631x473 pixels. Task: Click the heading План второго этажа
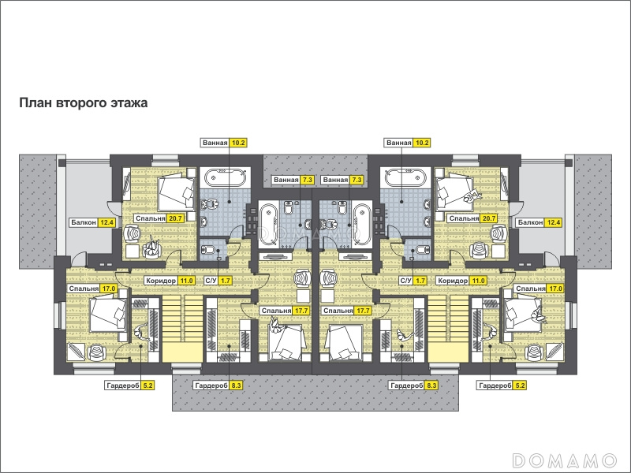point(84,103)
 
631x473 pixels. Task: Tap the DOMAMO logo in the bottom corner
point(565,460)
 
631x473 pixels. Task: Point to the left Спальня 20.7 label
point(159,218)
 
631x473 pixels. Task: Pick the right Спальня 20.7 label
point(472,218)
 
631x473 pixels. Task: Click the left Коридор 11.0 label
point(170,281)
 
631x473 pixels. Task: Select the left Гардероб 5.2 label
point(130,385)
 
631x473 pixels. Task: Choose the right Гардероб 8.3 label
point(413,385)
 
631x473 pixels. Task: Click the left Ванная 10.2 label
point(224,143)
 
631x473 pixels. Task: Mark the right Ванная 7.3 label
point(343,180)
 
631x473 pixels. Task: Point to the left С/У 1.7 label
point(218,281)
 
